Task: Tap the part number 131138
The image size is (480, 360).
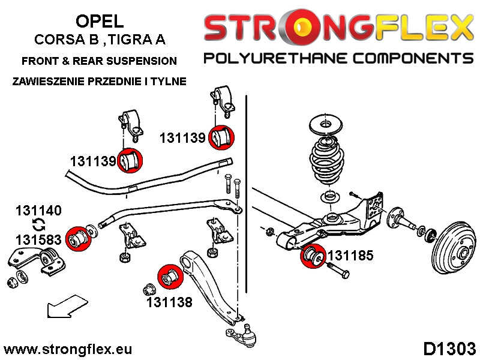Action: coord(169,302)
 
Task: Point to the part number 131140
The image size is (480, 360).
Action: coord(38,211)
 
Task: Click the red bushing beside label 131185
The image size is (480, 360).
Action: coord(312,257)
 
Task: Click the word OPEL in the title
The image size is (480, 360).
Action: coord(100,21)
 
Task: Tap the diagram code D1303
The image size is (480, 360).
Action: coord(449,349)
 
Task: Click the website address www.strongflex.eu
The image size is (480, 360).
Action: coord(68,349)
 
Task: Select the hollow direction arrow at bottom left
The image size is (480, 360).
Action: coord(65,306)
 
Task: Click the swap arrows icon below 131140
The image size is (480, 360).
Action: coord(38,225)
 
